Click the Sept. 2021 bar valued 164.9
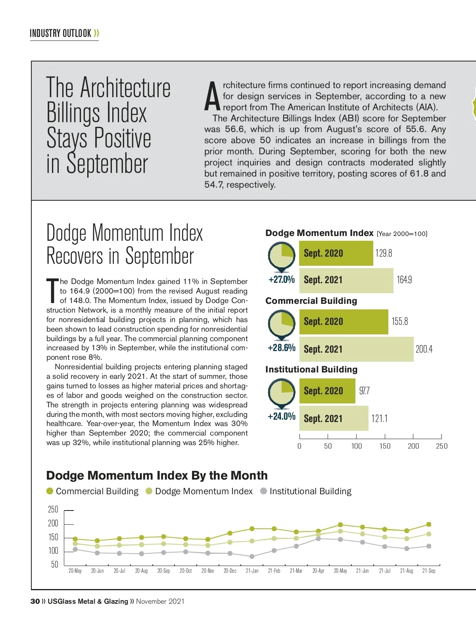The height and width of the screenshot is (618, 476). point(346,280)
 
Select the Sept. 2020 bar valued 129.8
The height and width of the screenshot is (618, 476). point(336,253)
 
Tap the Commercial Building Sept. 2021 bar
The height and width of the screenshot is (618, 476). point(356,349)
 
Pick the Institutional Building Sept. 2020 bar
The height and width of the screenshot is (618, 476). point(327,391)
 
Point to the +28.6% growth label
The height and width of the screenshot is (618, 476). point(282,348)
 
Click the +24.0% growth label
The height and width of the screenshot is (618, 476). point(282,416)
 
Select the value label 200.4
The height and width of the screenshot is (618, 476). point(424,349)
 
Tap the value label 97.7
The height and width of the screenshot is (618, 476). point(364,391)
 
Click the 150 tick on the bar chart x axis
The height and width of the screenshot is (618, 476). point(385,446)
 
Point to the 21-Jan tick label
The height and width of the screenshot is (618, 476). point(252,571)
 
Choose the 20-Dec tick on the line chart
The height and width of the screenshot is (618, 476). point(230,571)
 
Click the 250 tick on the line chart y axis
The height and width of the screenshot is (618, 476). point(53,510)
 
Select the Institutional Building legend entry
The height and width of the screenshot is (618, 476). point(306,491)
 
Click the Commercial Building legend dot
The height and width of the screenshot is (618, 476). point(50,491)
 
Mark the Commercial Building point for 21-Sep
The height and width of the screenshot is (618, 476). point(428,524)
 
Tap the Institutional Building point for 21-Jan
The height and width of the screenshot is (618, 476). point(252,557)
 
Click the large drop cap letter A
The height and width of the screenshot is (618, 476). point(212,97)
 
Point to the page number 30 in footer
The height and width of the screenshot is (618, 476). point(35,601)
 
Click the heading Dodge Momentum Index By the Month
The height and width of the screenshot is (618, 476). point(157,475)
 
